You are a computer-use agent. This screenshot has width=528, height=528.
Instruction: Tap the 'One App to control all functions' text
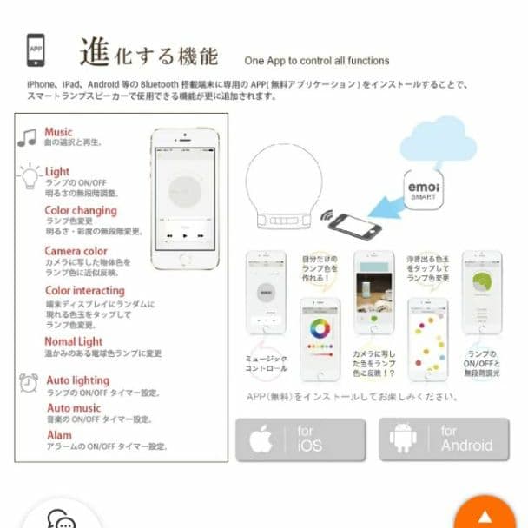pyautogui.click(x=317, y=61)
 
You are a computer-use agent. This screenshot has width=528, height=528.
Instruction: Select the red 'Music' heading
pyautogui.click(x=59, y=132)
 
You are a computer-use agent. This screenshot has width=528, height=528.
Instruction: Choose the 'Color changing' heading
pyautogui.click(x=81, y=210)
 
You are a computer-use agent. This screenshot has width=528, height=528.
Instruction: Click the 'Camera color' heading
pyautogui.click(x=76, y=251)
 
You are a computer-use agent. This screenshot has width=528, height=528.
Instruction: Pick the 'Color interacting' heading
pyautogui.click(x=84, y=290)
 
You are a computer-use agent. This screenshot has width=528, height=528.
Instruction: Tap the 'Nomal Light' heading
pyautogui.click(x=74, y=341)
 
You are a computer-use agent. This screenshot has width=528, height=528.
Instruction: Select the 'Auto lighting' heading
pyautogui.click(x=77, y=380)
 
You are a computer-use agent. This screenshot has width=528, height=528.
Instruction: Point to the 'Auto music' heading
pyautogui.click(x=74, y=407)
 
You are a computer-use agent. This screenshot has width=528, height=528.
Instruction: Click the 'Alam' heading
pyautogui.click(x=59, y=434)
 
